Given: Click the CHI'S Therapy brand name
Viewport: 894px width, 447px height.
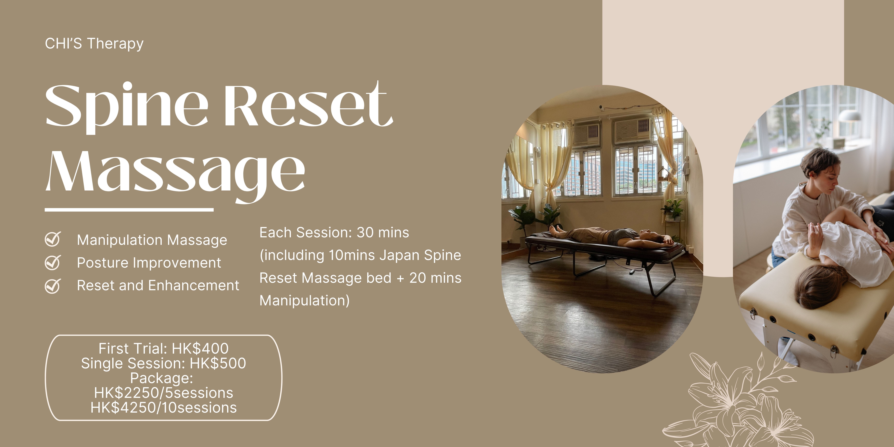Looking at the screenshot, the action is click(94, 44).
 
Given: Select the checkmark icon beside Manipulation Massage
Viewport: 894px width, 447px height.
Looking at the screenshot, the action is click(53, 239).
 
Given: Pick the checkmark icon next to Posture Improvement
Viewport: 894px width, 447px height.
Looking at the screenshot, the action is click(53, 262).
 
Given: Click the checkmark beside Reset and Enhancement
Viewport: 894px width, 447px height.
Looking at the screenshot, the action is click(53, 286).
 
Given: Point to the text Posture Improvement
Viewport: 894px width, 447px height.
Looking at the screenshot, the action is click(149, 263).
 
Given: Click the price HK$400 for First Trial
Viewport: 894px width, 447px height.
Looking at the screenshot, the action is click(200, 348).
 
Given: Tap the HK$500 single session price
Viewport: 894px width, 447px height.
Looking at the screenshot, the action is click(218, 363).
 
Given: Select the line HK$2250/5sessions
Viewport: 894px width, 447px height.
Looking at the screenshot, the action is click(163, 393).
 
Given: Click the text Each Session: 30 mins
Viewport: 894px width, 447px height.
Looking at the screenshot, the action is click(334, 233).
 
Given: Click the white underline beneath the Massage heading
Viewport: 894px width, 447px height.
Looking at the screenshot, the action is click(129, 210).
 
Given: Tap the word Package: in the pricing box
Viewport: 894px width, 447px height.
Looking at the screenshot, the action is click(161, 378).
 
